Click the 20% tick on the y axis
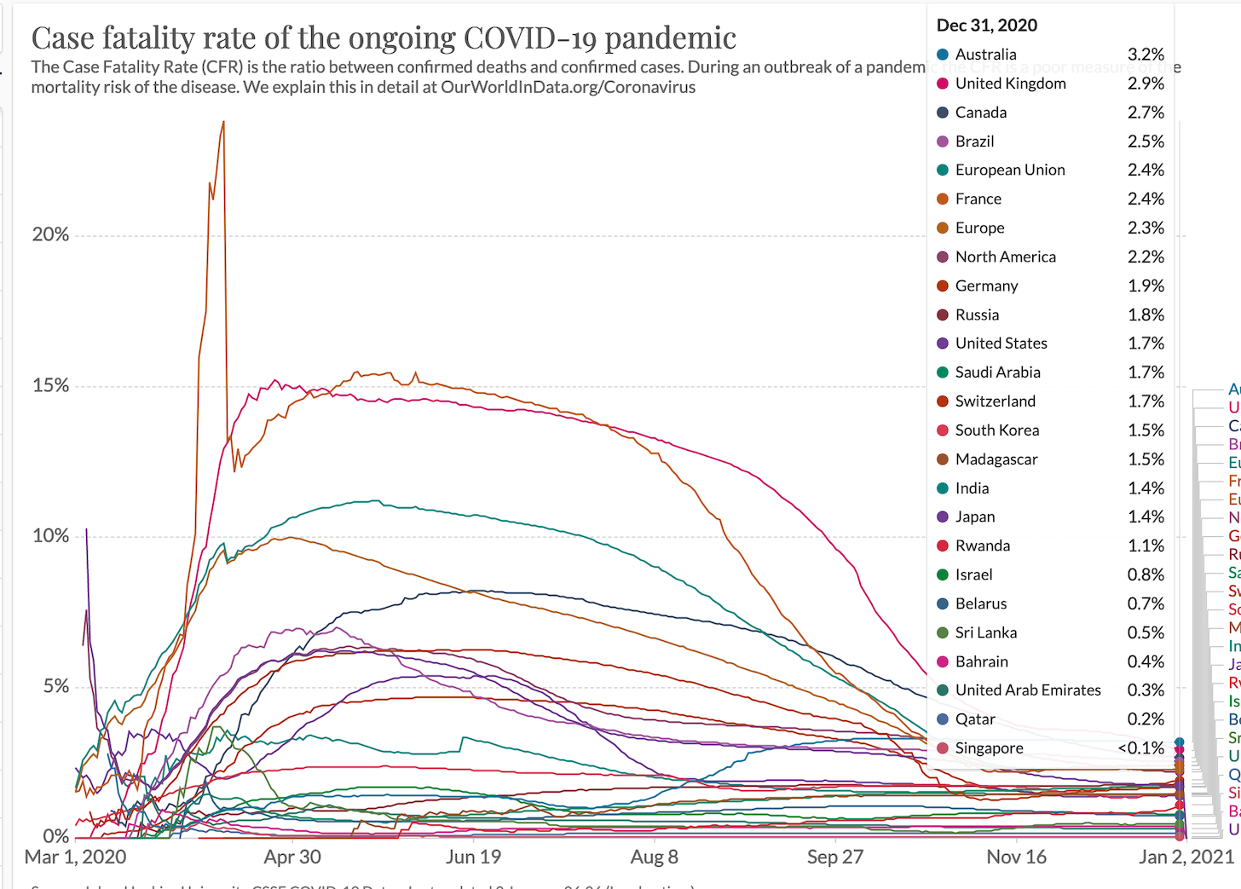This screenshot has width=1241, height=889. point(50,234)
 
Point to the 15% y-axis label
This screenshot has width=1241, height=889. point(50,385)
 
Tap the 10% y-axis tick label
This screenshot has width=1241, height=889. point(50,536)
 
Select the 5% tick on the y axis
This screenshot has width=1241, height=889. point(56,686)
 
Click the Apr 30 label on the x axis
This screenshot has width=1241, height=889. point(292,857)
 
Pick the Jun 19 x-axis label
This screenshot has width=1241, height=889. point(473,857)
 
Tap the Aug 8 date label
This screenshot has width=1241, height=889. point(654,857)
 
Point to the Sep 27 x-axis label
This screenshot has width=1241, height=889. point(835,857)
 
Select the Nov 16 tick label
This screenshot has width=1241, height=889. point(1016,857)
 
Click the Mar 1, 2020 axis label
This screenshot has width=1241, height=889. point(75,857)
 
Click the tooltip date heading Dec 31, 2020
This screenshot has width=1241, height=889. point(987,26)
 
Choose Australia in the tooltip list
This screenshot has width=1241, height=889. point(985,55)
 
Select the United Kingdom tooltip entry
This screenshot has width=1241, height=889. point(1010,84)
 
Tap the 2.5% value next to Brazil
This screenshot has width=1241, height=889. point(1146,141)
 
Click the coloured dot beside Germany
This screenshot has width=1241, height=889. point(943,286)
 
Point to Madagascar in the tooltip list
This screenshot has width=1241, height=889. point(996,459)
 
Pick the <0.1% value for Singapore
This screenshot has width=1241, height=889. point(1141,748)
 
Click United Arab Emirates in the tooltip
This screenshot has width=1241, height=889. point(1028,690)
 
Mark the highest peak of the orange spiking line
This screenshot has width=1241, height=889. point(223,122)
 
